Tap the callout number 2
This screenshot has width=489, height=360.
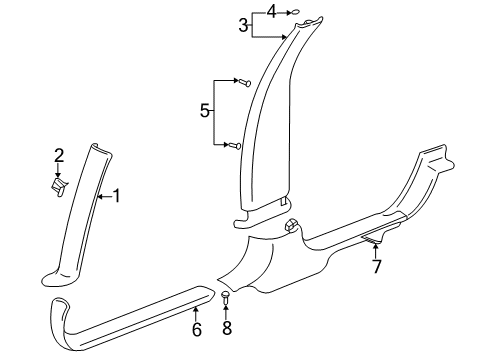click(x=59, y=155)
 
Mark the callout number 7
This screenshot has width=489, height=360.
click(x=376, y=266)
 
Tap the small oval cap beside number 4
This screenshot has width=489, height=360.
click(x=293, y=12)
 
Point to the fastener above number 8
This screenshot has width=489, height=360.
click(x=226, y=296)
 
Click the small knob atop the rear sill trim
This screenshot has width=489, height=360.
click(x=292, y=225)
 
